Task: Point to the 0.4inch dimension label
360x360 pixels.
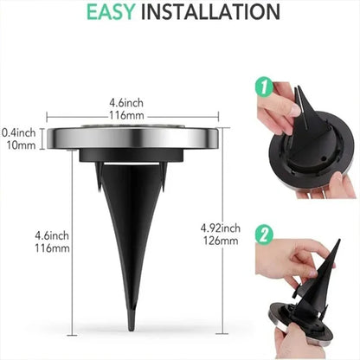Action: coord(18,132)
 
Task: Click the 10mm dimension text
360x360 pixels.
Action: coord(18,145)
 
